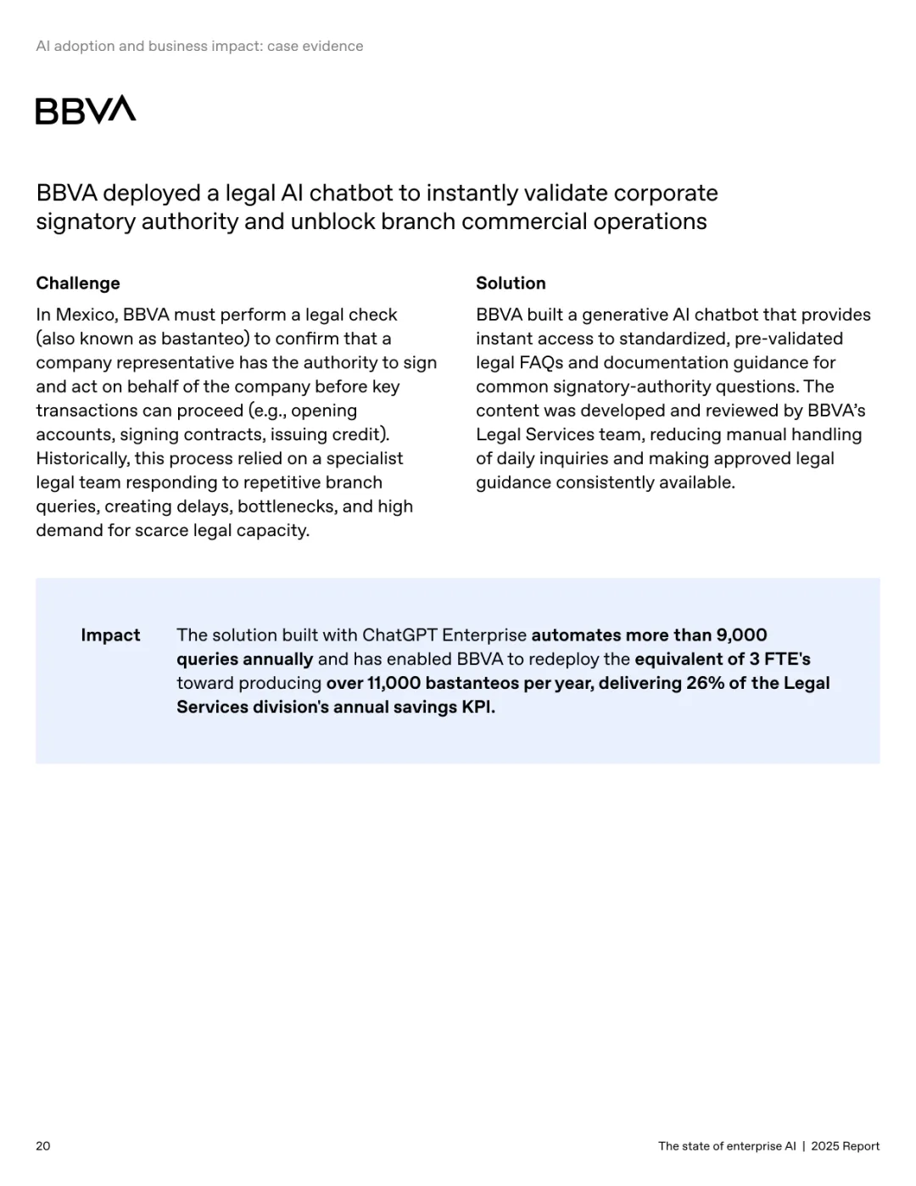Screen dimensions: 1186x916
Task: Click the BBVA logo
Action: [x=86, y=110]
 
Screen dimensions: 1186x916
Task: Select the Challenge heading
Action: [x=78, y=283]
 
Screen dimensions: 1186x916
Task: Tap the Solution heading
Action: [x=511, y=283]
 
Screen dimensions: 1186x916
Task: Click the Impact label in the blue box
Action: [x=110, y=635]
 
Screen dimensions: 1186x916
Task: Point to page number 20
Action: [x=43, y=1146]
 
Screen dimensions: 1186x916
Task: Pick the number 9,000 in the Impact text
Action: [x=741, y=635]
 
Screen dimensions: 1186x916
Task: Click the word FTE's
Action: [x=787, y=659]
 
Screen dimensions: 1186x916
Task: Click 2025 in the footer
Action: [x=824, y=1146]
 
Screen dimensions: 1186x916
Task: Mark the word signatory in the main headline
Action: [x=86, y=222]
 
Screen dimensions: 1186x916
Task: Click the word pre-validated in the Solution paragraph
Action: [x=789, y=338]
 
